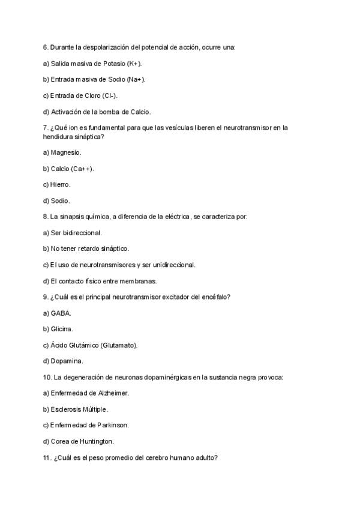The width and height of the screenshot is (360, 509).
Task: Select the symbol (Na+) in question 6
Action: tap(136, 79)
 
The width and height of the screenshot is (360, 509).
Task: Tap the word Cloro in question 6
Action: tap(88, 95)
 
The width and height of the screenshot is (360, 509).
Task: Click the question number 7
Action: tap(46, 127)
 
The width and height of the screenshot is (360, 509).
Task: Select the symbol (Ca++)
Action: tap(82, 169)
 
